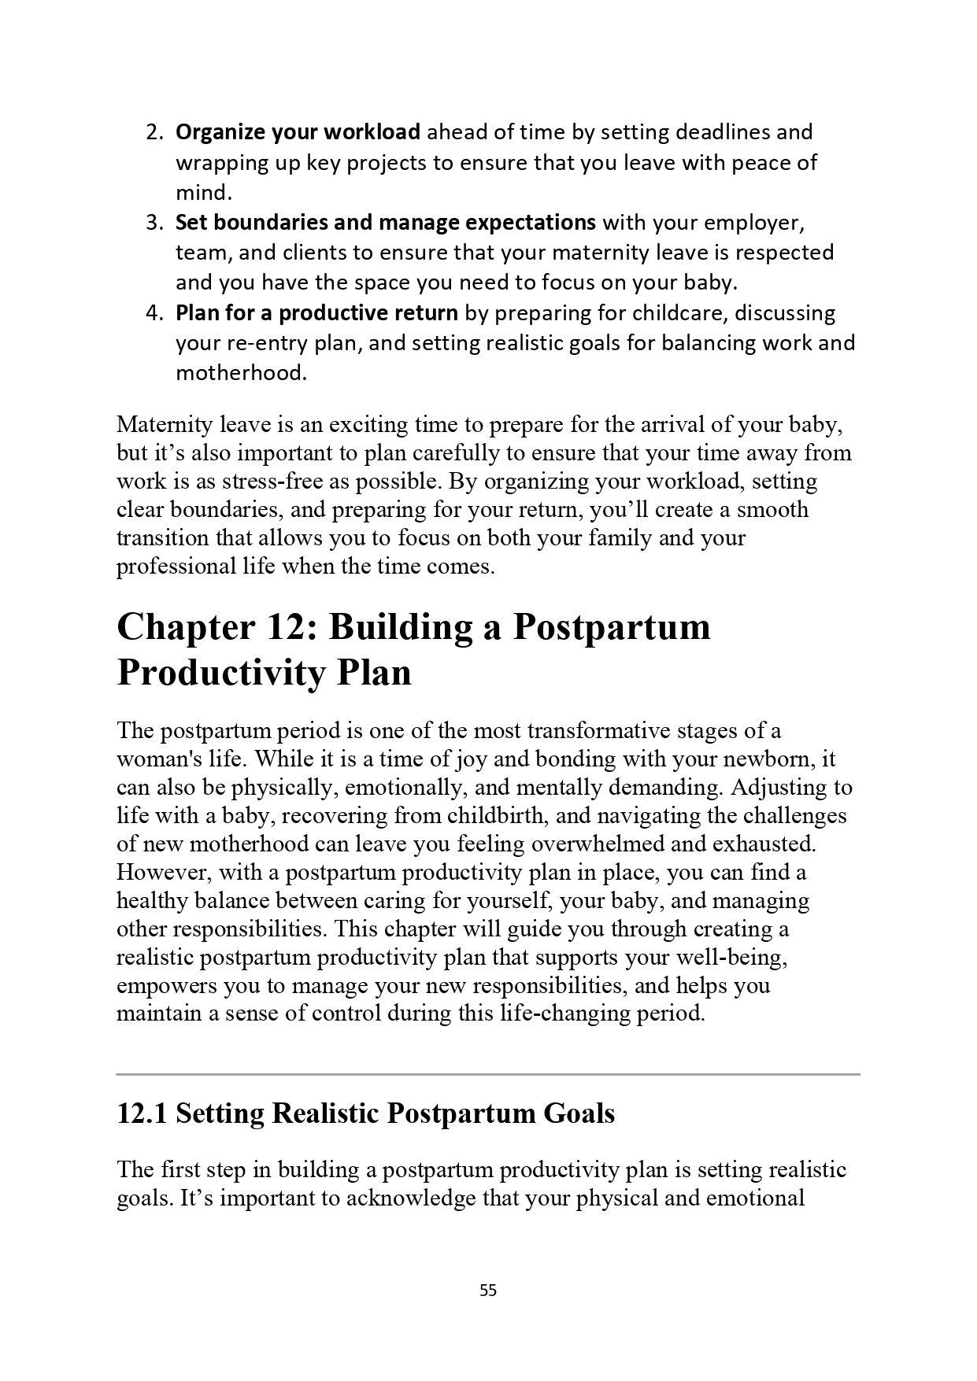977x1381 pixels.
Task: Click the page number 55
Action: [488, 1290]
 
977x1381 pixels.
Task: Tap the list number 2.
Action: [154, 132]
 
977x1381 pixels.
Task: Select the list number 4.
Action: [154, 313]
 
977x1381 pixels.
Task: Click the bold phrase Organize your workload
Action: [298, 132]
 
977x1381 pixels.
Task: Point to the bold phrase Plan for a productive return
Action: [316, 313]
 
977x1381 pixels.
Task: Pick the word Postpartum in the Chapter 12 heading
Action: [612, 627]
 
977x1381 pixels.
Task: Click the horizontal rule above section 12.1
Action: [488, 1073]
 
